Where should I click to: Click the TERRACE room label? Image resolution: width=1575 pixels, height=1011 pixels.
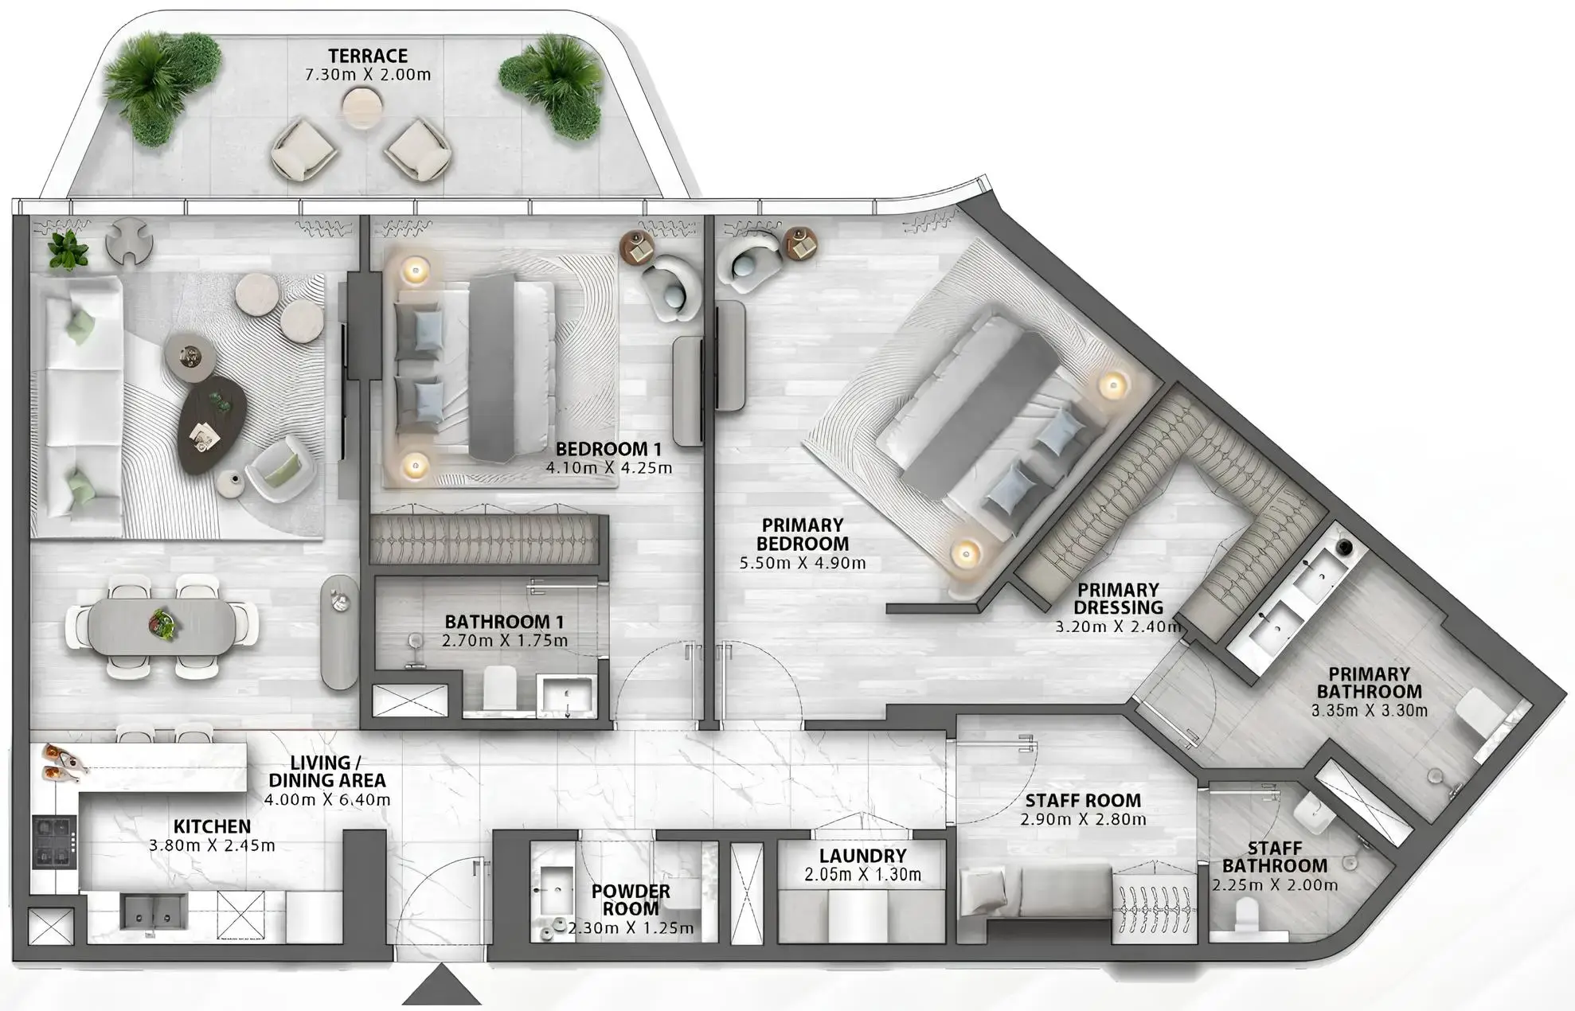click(368, 56)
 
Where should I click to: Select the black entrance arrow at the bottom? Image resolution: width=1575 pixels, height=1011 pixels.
click(440, 986)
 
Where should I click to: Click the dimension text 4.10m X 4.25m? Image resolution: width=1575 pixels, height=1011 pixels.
click(608, 468)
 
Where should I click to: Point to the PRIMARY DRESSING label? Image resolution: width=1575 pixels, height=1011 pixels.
click(1117, 599)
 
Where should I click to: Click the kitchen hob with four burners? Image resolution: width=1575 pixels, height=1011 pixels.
click(54, 841)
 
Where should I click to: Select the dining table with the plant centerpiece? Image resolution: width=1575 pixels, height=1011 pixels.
click(162, 626)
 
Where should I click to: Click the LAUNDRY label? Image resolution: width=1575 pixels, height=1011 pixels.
click(862, 856)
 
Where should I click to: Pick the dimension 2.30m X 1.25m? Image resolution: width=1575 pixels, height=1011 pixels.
click(630, 928)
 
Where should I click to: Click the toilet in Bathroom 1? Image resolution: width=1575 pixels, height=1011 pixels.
click(500, 687)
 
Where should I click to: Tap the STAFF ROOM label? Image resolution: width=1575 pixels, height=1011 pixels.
click(1082, 800)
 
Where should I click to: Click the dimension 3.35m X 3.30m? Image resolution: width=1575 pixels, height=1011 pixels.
click(1369, 710)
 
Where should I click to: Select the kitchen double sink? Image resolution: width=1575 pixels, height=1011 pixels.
click(154, 910)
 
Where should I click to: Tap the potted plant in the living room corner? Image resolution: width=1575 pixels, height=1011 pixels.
click(67, 249)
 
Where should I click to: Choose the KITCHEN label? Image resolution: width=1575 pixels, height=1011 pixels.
click(212, 827)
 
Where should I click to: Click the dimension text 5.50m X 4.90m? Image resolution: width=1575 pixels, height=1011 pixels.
click(802, 563)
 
